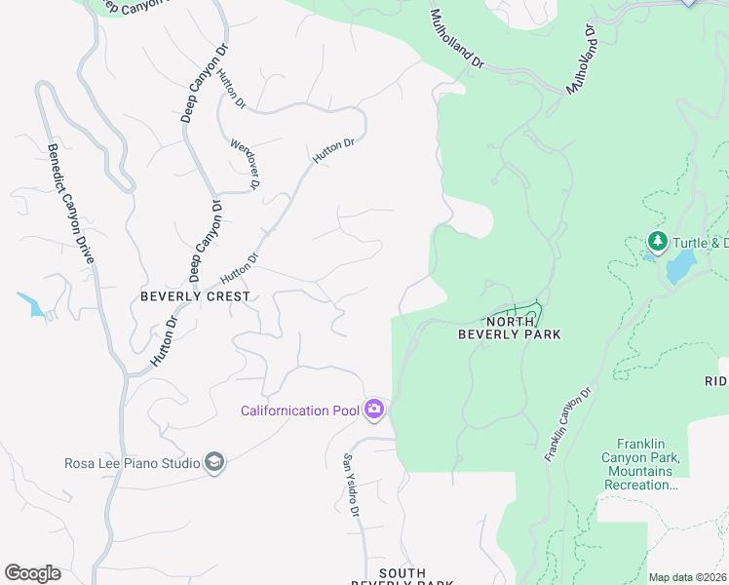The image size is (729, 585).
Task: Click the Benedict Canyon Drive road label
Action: [70, 204]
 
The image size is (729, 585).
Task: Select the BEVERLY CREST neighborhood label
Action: [195, 295]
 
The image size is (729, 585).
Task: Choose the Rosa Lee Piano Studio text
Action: [132, 463]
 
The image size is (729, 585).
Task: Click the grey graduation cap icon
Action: [214, 463]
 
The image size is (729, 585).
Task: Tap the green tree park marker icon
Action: [658, 241]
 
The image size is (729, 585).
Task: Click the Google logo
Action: [32, 573]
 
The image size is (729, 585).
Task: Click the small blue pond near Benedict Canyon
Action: [31, 306]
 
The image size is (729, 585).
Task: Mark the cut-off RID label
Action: [716, 380]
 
